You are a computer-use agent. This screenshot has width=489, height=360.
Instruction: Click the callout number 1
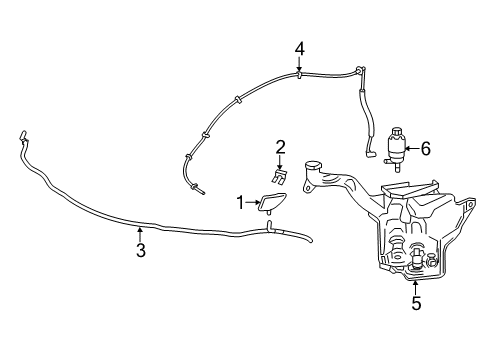pos(240,203)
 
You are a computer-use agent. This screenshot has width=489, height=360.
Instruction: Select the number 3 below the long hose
pos(140,251)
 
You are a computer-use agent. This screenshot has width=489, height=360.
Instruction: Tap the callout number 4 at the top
pos(299,48)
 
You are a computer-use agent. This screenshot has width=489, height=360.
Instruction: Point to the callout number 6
pos(425,149)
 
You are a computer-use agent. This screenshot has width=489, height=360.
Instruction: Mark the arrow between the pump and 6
pos(413,149)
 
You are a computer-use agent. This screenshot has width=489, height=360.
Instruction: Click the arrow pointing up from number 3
pos(140,235)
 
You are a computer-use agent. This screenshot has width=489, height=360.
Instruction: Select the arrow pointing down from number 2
pos(281,162)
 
